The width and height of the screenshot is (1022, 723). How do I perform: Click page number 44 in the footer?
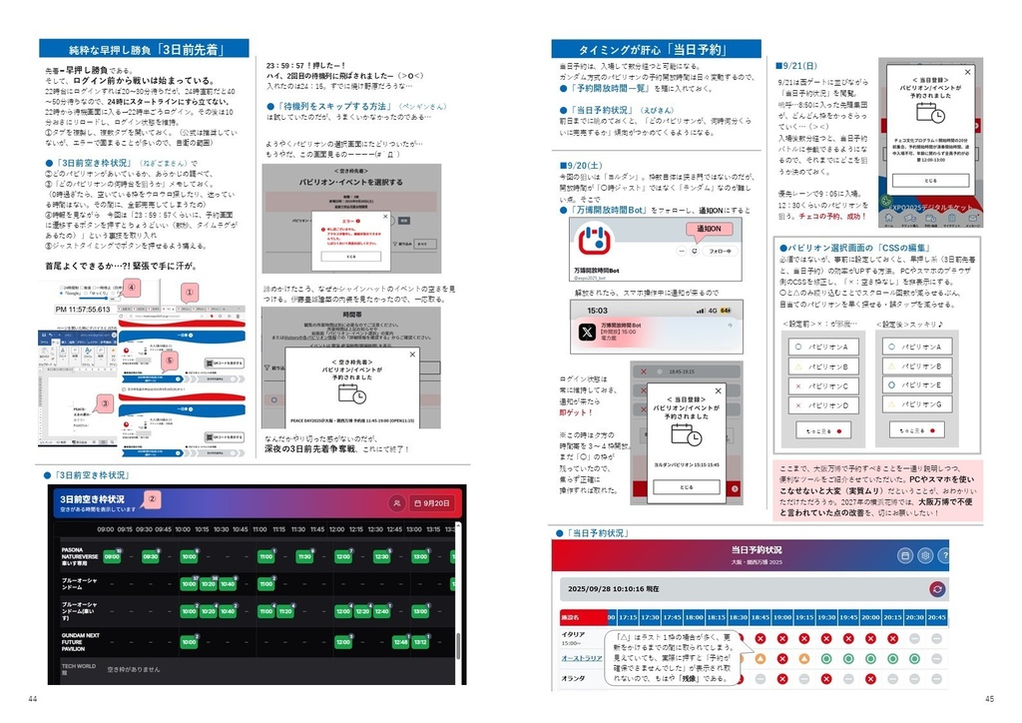(33, 698)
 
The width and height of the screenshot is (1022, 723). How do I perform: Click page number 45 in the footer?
(989, 698)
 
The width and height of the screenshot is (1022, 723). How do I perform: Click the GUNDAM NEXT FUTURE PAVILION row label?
(80, 641)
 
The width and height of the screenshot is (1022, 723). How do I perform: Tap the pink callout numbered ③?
(103, 404)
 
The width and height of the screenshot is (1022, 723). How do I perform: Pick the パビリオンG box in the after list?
(916, 404)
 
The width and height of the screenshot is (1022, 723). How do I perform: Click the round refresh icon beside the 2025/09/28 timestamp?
(936, 589)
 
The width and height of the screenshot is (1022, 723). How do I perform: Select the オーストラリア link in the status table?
(579, 657)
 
